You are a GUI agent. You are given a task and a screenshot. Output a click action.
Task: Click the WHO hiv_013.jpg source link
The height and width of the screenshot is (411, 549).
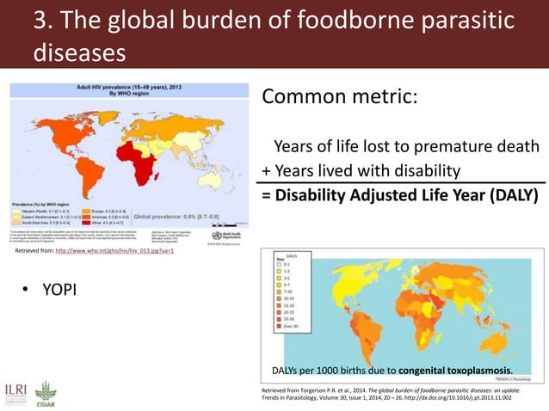114,250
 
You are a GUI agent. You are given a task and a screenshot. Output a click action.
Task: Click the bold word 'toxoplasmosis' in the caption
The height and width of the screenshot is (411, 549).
470,371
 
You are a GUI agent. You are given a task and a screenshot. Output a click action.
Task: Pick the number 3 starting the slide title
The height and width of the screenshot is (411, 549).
39,21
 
